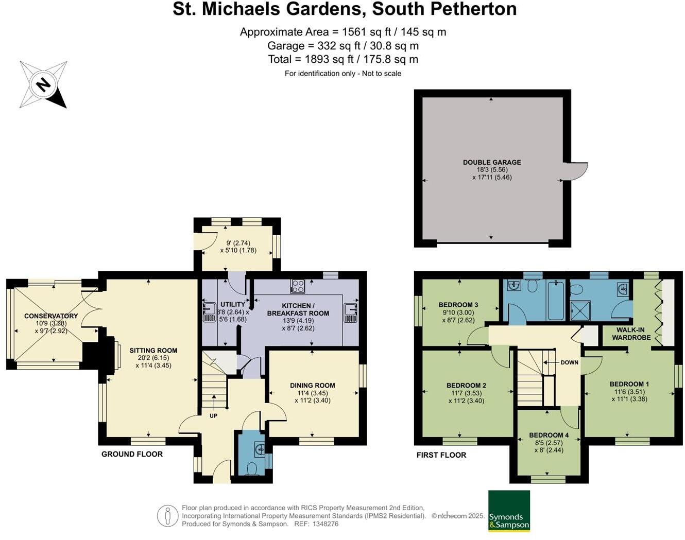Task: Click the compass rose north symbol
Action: (x=43, y=85)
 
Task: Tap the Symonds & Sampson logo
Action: (x=509, y=511)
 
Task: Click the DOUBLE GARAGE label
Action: (x=492, y=162)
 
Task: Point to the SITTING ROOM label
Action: (x=153, y=351)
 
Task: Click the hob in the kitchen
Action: (x=298, y=286)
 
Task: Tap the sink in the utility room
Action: (x=210, y=311)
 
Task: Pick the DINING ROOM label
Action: (x=313, y=386)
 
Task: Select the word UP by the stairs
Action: (x=213, y=415)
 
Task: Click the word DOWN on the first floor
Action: (x=569, y=362)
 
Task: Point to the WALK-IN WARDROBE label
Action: (x=631, y=334)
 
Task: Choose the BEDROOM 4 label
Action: (x=549, y=436)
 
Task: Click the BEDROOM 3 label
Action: (x=458, y=305)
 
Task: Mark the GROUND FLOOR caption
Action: (x=132, y=454)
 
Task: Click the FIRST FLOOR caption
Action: (x=441, y=455)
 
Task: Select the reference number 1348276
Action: (x=324, y=524)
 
